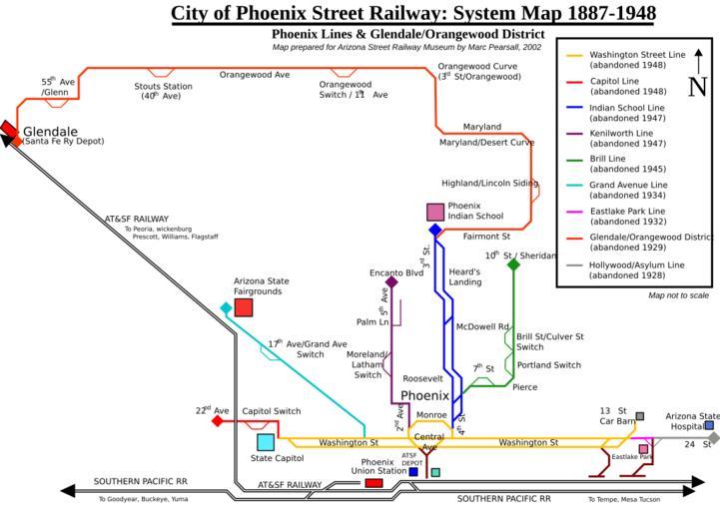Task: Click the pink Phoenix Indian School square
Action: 435,212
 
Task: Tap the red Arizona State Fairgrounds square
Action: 243,307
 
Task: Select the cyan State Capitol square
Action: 266,442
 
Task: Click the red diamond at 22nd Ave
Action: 217,421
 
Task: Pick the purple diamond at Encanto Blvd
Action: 391,282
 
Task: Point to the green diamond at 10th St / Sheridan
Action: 513,264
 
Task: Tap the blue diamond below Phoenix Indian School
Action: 435,231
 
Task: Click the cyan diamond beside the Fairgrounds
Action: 227,307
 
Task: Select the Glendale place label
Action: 50,131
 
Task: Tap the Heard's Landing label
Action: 465,276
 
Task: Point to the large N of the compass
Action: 697,87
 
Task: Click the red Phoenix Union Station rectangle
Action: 373,483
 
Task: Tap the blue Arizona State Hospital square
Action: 709,425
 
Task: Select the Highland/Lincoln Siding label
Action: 489,184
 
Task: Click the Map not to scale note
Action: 678,295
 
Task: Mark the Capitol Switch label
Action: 272,411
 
